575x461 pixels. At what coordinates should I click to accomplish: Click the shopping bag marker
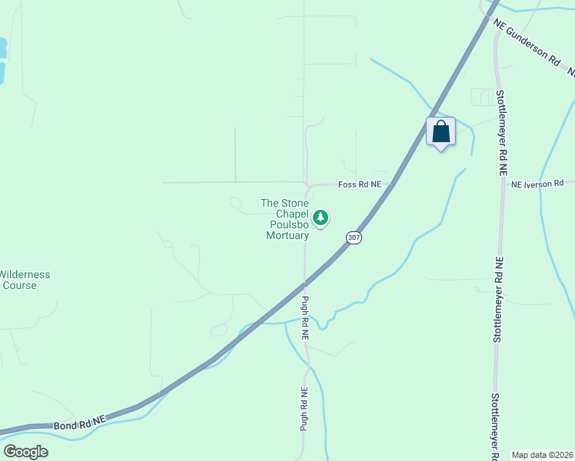(x=440, y=131)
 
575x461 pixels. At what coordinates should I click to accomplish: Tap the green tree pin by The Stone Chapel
(x=321, y=218)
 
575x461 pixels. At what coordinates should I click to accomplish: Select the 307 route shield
(x=353, y=237)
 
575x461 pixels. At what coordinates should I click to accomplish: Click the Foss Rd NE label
(x=360, y=185)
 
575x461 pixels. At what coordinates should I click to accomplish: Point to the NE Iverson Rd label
(x=537, y=184)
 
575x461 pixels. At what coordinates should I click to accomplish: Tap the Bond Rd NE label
(x=78, y=423)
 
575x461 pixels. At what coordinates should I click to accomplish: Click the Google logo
(x=25, y=452)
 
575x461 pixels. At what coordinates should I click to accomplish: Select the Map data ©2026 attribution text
(x=542, y=455)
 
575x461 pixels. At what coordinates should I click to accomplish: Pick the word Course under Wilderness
(x=19, y=286)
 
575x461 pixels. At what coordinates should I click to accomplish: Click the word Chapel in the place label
(x=288, y=214)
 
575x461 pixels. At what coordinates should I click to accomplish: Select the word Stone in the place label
(x=293, y=204)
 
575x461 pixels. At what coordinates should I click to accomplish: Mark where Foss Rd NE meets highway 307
(x=392, y=184)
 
